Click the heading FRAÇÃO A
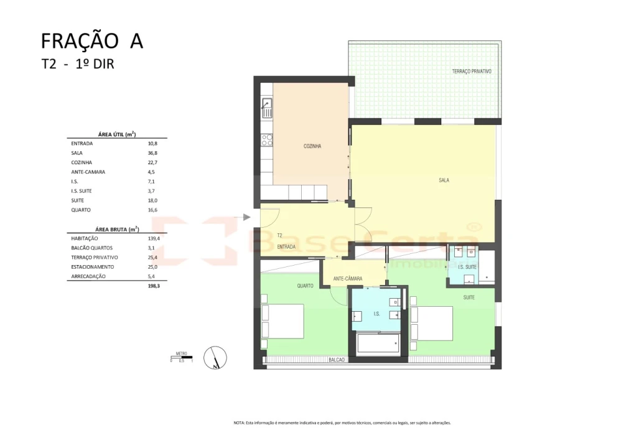(92, 41)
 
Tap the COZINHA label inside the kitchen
(312, 146)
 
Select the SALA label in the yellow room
(444, 180)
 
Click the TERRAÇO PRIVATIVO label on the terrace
(472, 72)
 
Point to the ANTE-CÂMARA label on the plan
(348, 279)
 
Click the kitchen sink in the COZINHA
(267, 108)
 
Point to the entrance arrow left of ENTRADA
(246, 217)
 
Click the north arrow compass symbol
(215, 357)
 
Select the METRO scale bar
(182, 357)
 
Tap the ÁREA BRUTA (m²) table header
(117, 229)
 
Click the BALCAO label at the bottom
(336, 360)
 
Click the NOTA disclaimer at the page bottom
(342, 422)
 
